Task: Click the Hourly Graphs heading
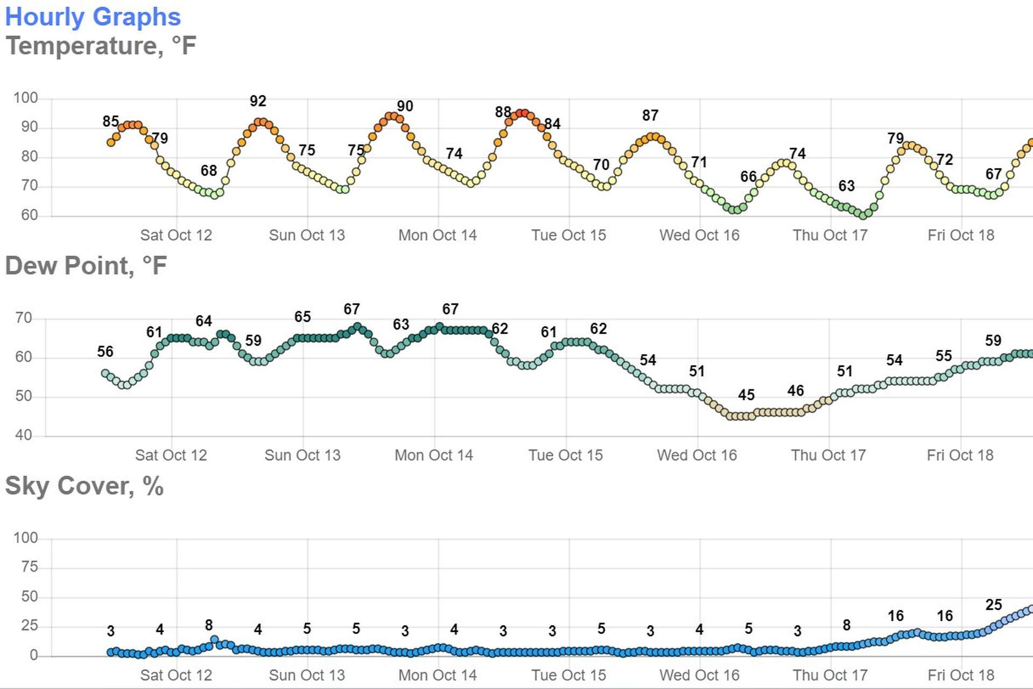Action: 93,17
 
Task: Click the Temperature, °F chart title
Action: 101,46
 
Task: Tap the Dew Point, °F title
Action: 86,266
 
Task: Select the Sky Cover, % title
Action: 84,486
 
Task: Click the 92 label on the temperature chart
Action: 258,101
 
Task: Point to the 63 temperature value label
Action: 846,186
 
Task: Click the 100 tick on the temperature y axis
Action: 25,98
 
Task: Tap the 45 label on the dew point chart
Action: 746,395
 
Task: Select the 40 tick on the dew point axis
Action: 24,435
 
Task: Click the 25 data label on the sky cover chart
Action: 993,605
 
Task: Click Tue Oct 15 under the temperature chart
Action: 569,235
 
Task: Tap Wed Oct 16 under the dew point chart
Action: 697,455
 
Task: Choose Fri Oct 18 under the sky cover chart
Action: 961,675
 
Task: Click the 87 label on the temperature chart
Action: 650,116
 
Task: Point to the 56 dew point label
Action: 105,352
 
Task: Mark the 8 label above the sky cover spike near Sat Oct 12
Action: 209,625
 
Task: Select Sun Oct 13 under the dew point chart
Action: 302,455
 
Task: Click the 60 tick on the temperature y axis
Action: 29,215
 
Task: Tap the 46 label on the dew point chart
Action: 795,391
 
